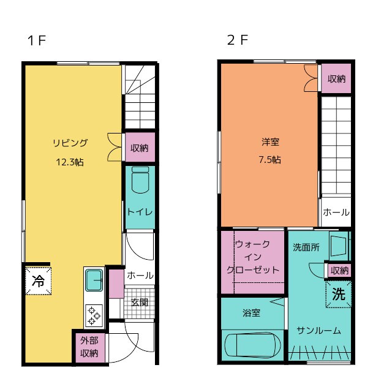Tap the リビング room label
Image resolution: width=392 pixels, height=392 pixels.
click(70, 143)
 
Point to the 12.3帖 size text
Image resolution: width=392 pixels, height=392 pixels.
click(70, 162)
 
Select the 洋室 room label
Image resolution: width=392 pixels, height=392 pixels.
click(270, 142)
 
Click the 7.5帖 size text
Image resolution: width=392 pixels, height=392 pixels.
click(270, 160)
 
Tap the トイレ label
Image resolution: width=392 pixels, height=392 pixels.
click(140, 212)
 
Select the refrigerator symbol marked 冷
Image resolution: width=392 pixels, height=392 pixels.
click(37, 281)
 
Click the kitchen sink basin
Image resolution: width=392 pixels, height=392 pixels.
click(94, 281)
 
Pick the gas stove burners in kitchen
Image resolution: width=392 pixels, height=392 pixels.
click(94, 314)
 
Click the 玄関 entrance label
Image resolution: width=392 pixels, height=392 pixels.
click(139, 302)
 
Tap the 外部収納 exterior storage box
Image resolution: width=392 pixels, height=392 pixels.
click(89, 347)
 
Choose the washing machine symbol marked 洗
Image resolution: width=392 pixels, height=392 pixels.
click(338, 293)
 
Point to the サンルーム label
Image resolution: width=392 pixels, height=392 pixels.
click(318, 331)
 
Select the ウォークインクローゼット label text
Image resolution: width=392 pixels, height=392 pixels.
click(253, 257)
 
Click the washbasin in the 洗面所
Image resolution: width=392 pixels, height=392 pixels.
click(338, 246)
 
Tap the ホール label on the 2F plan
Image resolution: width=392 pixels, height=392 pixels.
click(336, 213)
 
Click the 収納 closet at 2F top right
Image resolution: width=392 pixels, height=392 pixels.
click(336, 79)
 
